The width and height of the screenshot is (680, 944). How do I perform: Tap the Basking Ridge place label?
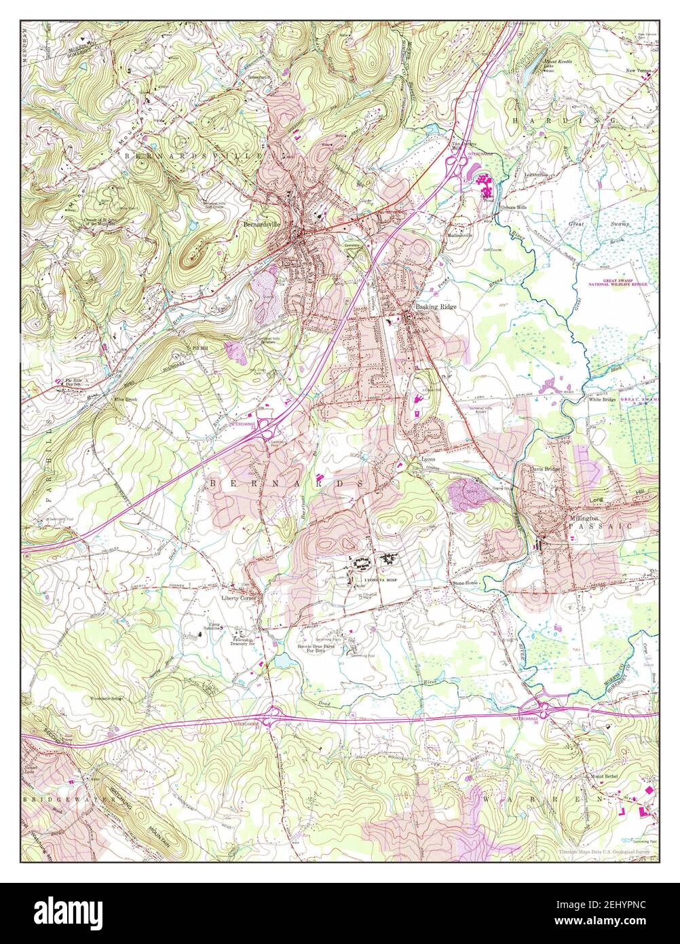pyautogui.click(x=436, y=307)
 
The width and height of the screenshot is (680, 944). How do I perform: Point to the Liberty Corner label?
pyautogui.click(x=238, y=598)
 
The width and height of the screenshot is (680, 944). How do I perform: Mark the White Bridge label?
pyautogui.click(x=602, y=400)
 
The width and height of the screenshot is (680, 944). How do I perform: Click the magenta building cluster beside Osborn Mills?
pyautogui.click(x=484, y=183)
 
